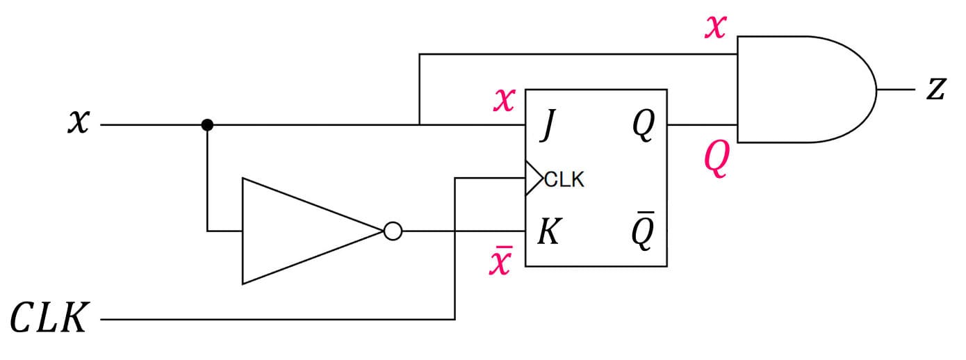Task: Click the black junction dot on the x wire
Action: click(x=206, y=125)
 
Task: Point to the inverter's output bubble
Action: click(x=393, y=231)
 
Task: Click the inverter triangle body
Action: click(x=299, y=231)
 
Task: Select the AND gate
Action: click(x=799, y=90)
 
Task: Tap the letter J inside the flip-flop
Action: click(x=547, y=128)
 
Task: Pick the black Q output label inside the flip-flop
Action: click(x=644, y=128)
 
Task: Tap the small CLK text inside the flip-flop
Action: click(x=564, y=180)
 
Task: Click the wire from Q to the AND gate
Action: click(x=702, y=125)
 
